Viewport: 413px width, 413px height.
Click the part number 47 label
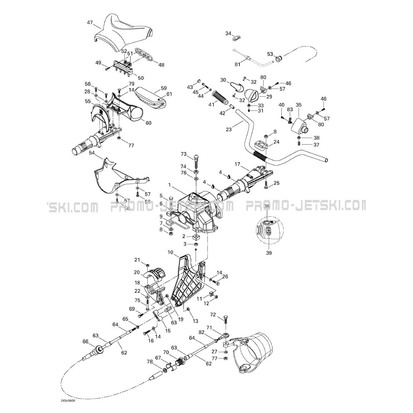click(x=90, y=23)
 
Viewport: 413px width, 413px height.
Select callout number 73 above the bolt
click(x=184, y=154)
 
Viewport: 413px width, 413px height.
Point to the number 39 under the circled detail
click(x=269, y=253)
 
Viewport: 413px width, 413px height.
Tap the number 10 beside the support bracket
click(x=171, y=252)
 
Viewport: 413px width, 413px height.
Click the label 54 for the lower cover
click(x=92, y=153)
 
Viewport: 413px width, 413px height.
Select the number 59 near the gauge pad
click(x=164, y=88)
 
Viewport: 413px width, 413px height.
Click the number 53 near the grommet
click(x=270, y=54)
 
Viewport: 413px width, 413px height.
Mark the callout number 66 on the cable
click(x=85, y=341)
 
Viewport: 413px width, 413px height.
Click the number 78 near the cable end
click(x=149, y=362)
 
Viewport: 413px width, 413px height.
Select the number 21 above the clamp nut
click(x=137, y=260)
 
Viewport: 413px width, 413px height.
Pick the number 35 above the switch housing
click(x=299, y=105)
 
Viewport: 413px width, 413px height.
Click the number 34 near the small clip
click(x=228, y=33)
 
